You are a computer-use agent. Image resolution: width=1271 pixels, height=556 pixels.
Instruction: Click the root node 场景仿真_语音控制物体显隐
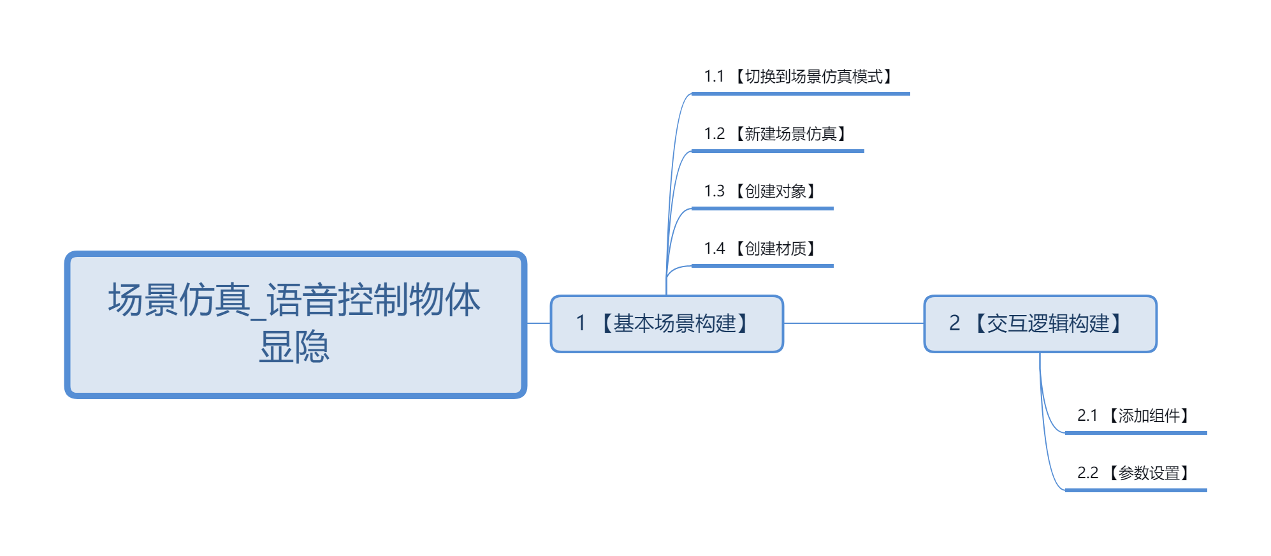click(295, 324)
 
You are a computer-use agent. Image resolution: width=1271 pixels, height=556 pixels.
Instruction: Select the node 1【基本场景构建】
click(667, 324)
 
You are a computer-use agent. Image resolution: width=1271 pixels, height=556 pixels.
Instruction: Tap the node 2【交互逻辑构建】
click(1040, 324)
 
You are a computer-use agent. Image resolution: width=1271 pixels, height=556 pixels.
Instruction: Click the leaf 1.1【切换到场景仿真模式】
click(800, 77)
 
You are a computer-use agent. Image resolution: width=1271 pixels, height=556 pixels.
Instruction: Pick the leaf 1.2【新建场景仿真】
click(777, 135)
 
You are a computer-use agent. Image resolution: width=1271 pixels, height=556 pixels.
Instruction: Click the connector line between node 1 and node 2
click(853, 323)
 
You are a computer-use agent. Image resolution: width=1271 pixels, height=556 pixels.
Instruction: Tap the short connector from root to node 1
click(539, 323)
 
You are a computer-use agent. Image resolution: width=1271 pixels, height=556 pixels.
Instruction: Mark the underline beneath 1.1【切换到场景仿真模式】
click(801, 94)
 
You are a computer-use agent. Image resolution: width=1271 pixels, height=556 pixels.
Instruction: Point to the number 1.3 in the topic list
click(715, 192)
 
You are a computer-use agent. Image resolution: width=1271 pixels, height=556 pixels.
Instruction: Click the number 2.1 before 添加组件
click(1087, 416)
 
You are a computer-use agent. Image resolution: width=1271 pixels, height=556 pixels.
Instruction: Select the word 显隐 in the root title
click(294, 347)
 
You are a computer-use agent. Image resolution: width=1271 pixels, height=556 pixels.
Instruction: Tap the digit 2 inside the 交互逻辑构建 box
click(954, 324)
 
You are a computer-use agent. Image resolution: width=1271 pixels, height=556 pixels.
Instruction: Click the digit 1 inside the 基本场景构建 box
click(581, 324)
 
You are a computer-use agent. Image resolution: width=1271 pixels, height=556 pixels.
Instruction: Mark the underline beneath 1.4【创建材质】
click(762, 266)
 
